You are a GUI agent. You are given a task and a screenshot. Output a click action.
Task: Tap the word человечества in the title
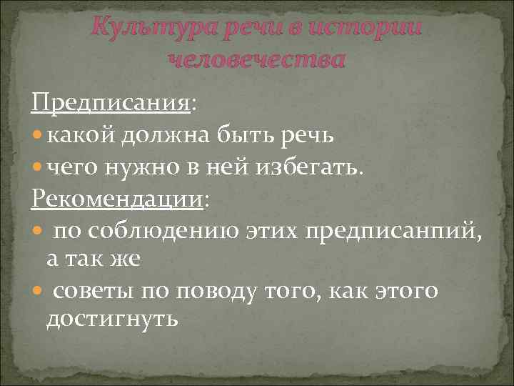point(256,59)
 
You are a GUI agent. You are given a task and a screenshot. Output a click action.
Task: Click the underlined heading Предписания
point(111,104)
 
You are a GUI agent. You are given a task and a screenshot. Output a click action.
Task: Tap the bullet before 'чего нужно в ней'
point(37,167)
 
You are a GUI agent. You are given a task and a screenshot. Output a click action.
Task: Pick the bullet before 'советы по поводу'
point(37,292)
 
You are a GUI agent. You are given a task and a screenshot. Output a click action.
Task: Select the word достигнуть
point(112,319)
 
